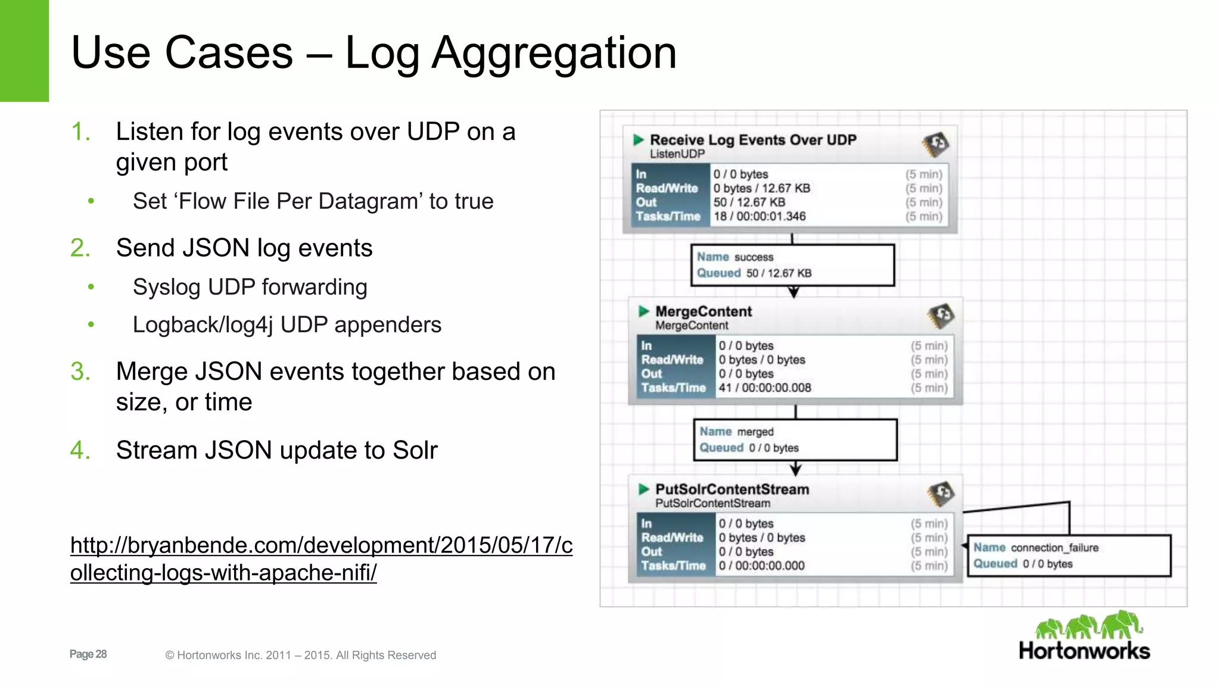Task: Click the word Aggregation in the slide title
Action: click(x=554, y=54)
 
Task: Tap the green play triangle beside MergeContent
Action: click(x=643, y=311)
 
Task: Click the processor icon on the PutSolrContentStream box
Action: click(x=941, y=493)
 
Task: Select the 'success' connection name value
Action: click(x=754, y=257)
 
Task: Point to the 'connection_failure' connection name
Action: click(x=1054, y=548)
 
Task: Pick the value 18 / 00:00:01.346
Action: click(x=760, y=217)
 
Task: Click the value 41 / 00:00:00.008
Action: click(x=765, y=388)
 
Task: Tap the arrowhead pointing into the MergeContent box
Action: click(x=793, y=292)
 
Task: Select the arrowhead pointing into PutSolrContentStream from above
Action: click(x=796, y=470)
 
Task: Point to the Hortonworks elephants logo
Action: click(x=1088, y=625)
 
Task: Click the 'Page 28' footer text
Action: click(x=88, y=654)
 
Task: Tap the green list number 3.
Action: click(x=80, y=372)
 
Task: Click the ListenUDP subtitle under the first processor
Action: click(x=677, y=154)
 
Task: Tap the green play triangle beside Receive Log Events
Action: click(x=639, y=140)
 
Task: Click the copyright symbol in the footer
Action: click(x=170, y=656)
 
